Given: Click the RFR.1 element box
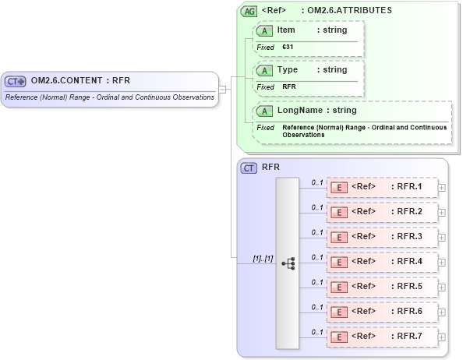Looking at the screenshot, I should [382, 187].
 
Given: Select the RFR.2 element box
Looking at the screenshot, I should [382, 212].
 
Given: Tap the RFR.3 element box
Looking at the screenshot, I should [382, 237].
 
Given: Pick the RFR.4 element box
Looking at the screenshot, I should [382, 262].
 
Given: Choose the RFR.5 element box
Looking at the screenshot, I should [382, 287].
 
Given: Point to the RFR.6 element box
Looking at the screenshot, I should [382, 312].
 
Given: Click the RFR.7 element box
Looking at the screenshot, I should [382, 337].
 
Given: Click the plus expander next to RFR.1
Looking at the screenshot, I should [442, 187].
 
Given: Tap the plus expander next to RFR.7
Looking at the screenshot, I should [442, 337].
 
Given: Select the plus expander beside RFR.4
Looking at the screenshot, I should [442, 262].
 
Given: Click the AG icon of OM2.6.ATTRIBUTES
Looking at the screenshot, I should [249, 11].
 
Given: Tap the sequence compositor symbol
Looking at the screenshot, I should [288, 263].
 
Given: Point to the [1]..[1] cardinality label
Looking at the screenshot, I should [263, 257].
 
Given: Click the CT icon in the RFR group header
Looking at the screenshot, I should [249, 168].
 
